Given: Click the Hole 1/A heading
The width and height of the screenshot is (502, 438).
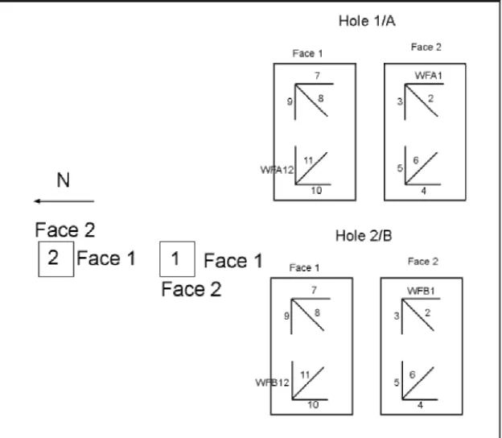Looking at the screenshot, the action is coord(367,21).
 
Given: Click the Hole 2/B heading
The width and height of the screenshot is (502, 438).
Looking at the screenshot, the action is coord(364,236).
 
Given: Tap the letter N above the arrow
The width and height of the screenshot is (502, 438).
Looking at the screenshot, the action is coord(63,180).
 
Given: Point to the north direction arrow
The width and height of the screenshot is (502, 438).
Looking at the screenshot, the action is coord(64,201).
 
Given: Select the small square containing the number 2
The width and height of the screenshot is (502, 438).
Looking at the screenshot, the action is coord(56,259).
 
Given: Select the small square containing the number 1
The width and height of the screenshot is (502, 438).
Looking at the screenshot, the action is coord(177,259).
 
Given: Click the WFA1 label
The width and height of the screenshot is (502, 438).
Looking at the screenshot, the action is coord(428,76).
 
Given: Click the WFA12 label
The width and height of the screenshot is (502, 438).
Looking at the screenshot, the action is coord(277,170).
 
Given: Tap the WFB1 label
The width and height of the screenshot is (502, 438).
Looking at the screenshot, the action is coord(421,291).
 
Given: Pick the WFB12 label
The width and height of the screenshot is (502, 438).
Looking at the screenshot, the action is coord(272,382).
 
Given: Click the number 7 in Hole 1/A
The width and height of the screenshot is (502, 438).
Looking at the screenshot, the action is coord(317,76).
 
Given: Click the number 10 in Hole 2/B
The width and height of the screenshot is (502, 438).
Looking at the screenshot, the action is coord(313,405).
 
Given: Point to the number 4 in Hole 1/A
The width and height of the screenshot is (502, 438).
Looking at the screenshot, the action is coord(423,191).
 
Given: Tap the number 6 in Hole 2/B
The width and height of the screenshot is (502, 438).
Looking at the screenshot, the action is coord(413,374).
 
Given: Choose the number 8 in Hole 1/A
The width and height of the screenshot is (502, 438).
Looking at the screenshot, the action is coord(321,98).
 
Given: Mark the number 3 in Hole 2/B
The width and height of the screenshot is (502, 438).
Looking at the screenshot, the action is coord(397,316).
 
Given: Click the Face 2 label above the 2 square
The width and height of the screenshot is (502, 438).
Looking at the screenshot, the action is coord(65,229).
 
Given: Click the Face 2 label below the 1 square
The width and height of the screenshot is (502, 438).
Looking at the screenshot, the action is coord(191,289).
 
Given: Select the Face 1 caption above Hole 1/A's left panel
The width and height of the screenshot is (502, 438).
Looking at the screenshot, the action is coord(307,53).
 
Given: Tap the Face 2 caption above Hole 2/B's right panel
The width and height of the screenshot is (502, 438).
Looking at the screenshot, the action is coord(423,262).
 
